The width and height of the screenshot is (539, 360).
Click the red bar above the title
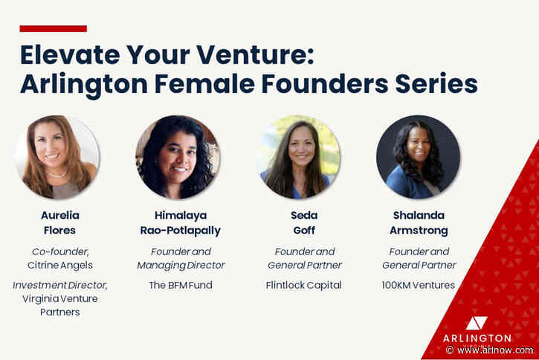point(53,29)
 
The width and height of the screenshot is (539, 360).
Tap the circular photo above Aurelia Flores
point(57,157)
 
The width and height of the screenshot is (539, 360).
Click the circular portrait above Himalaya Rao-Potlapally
point(178,157)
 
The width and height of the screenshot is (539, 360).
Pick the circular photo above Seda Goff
point(298,157)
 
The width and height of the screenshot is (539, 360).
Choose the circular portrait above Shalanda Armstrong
point(418,157)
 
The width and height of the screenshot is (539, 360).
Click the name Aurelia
point(59,215)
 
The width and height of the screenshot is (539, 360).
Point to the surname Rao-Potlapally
point(181,231)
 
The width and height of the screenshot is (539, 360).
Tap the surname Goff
point(305,231)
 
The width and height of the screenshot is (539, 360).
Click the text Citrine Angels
point(59,266)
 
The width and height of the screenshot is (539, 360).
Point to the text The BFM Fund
point(181,285)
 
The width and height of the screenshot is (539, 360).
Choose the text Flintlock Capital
point(305,285)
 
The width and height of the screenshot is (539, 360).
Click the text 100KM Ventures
point(419,285)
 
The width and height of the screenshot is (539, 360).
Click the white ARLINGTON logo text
point(477,338)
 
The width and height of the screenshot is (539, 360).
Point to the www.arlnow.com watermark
point(494,350)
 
